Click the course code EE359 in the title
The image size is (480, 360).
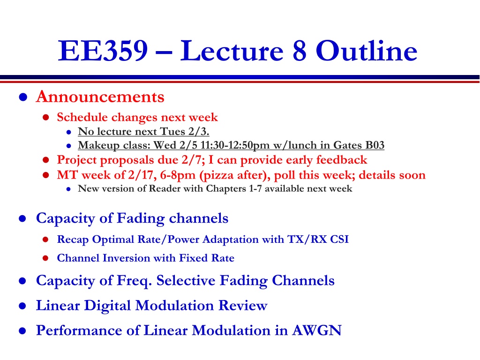pyautogui.click(x=103, y=51)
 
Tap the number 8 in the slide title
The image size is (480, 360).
pyautogui.click(x=299, y=51)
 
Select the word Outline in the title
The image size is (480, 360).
pyautogui.click(x=367, y=51)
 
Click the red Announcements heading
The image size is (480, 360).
pyautogui.click(x=100, y=97)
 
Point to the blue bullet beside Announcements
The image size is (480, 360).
pyautogui.click(x=23, y=97)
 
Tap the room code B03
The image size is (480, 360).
pyautogui.click(x=375, y=145)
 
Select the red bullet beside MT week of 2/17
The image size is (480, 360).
pyautogui.click(x=46, y=175)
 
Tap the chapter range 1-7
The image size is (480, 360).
pyautogui.click(x=255, y=188)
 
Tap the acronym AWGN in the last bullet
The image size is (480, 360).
pyautogui.click(x=316, y=330)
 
